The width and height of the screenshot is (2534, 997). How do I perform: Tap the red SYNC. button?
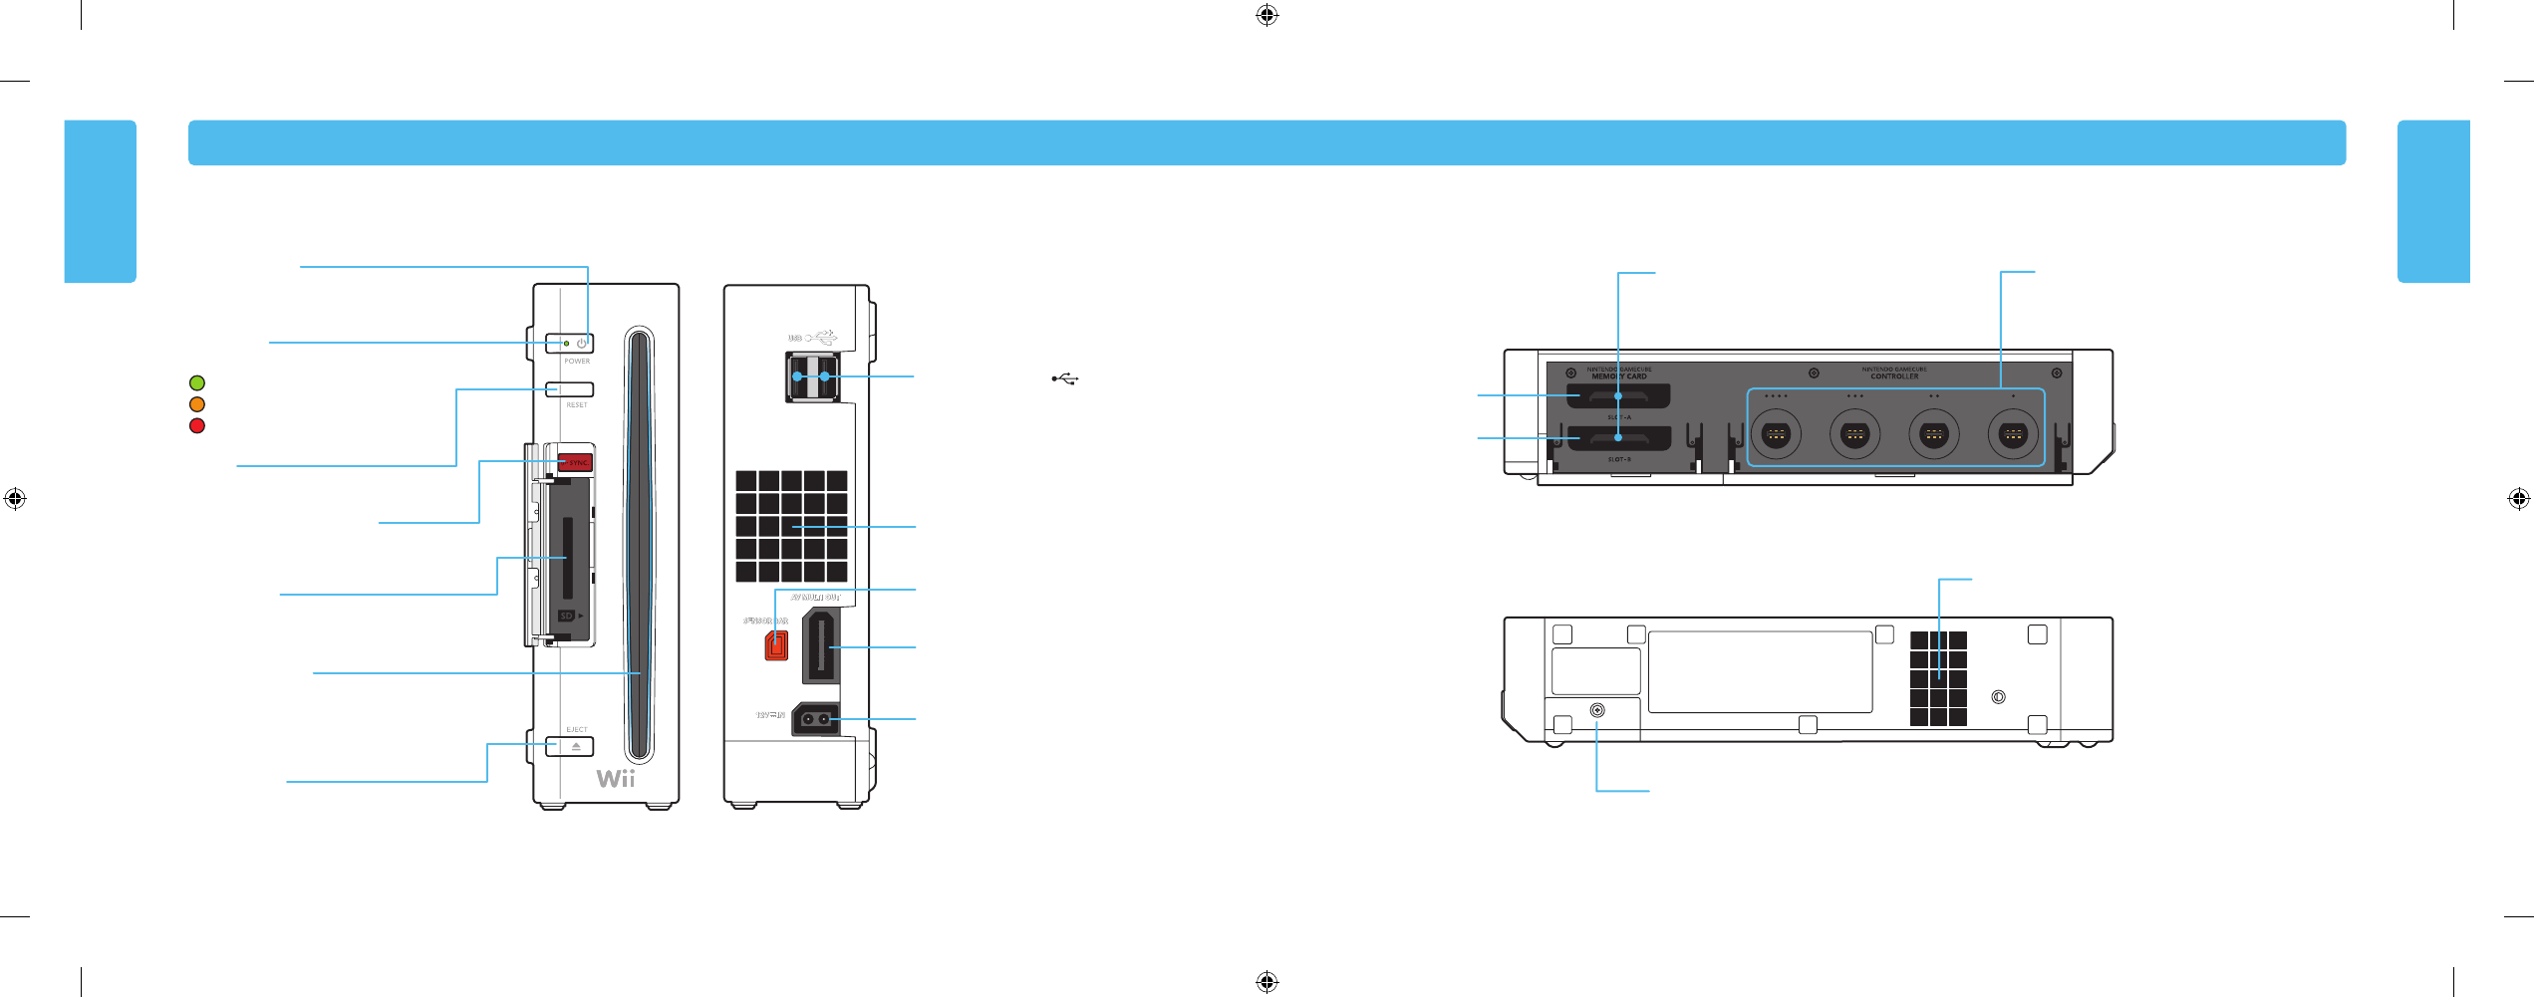point(576,462)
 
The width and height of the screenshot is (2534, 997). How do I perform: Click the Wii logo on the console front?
point(616,778)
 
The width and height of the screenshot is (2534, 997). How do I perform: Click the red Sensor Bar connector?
point(775,644)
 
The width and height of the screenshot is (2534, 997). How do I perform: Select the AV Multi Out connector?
point(820,646)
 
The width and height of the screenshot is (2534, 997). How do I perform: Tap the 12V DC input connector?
point(815,719)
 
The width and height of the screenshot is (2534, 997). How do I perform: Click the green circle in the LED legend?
point(197,382)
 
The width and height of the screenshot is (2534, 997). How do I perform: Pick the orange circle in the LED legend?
point(197,404)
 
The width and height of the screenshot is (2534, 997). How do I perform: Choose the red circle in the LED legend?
point(197,426)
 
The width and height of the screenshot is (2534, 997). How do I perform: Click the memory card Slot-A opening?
point(1618,396)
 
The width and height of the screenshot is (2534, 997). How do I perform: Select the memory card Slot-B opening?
point(1618,437)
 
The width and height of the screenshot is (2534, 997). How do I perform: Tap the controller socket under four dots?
point(1776,434)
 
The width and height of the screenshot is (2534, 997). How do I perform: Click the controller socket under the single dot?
point(2013,434)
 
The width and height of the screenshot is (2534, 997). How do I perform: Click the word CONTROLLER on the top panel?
point(1894,376)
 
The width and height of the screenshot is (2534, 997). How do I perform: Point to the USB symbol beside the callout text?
point(1065,378)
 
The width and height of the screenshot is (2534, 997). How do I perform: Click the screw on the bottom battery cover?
point(1597,710)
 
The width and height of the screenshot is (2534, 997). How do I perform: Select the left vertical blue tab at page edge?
point(101,201)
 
